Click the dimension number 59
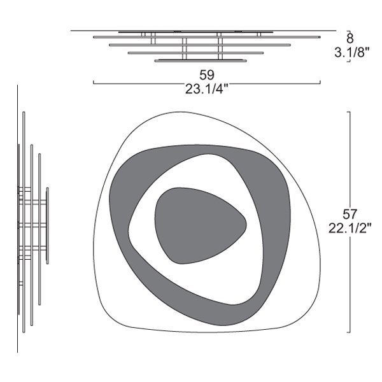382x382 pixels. pos(207,75)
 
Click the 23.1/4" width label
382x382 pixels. pos(207,89)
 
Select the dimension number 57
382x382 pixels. pos(350,214)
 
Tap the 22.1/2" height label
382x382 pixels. pos(350,228)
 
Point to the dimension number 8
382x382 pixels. pos(350,38)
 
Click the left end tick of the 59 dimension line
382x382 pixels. pos(94,82)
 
